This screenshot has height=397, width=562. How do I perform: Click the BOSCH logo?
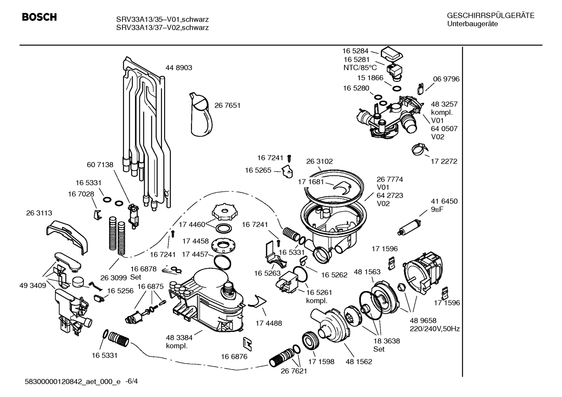pos(39,17)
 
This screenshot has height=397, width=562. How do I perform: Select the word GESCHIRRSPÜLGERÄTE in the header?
pos(490,16)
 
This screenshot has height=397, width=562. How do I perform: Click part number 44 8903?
pos(178,68)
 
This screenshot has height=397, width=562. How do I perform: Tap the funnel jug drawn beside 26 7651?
pos(202,114)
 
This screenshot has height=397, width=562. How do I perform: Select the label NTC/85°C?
pos(360,67)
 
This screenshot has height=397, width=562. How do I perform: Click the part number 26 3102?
pos(319,161)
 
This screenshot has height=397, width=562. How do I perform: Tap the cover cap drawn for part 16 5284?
pos(392,53)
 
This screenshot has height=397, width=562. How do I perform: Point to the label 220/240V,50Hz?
pos(435,329)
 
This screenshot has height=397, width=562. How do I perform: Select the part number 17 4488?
pos(269,323)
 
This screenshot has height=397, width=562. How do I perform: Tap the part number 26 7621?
pos(294,371)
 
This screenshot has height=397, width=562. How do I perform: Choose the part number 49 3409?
pos(33,286)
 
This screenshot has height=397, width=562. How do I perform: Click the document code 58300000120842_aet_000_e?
pos(72,381)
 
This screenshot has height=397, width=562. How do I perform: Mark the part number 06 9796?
pos(446,79)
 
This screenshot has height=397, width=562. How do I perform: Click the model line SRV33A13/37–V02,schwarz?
pos(162,28)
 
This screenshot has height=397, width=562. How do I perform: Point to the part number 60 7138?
pos(100,165)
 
